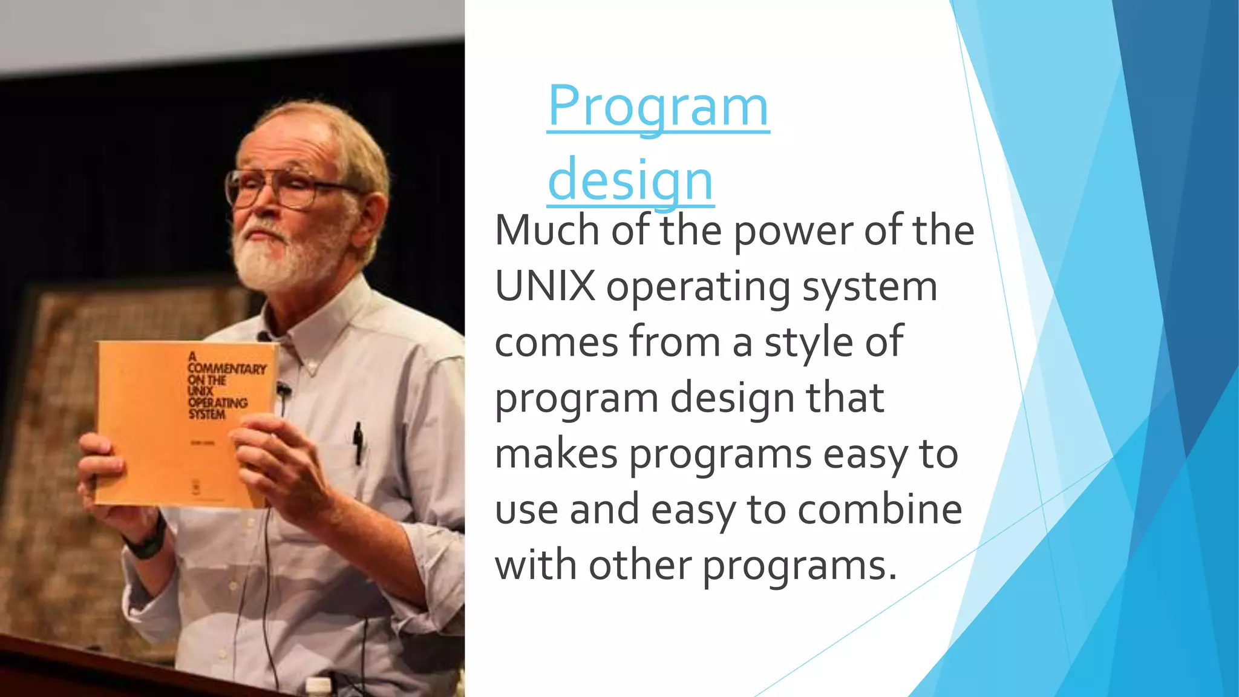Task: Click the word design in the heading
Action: [630, 180]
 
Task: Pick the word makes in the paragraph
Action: [556, 454]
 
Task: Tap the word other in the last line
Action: [639, 566]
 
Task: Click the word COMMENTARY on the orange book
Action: [227, 368]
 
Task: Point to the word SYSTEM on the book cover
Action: [206, 414]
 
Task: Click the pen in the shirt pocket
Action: [358, 442]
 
